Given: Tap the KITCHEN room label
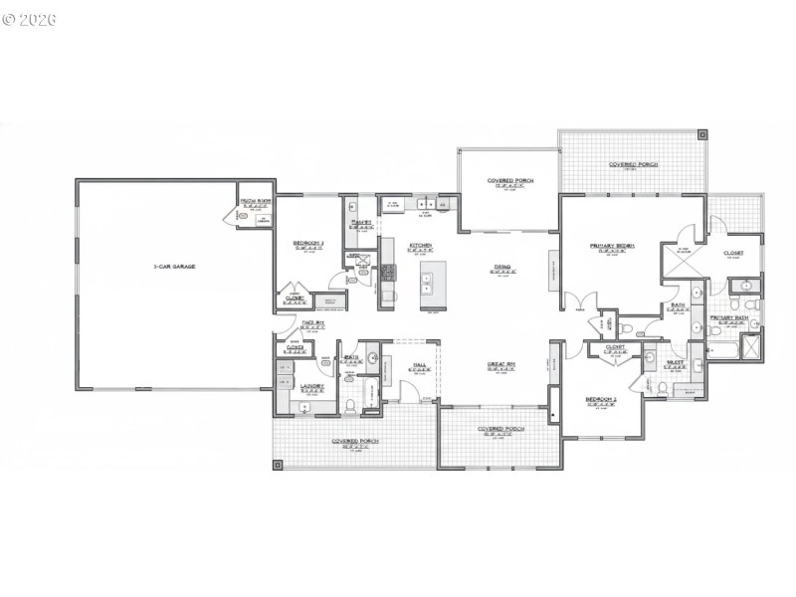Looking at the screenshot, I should [x=419, y=245].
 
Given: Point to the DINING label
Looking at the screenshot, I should [x=502, y=266].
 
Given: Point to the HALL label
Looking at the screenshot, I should [x=420, y=365].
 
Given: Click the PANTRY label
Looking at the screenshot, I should [x=360, y=222].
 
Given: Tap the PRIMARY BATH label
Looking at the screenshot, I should [x=728, y=317].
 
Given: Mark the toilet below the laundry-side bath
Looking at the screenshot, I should [x=353, y=403].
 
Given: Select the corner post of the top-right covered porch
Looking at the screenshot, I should [x=702, y=133].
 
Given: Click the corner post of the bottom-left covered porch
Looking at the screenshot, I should [x=279, y=461].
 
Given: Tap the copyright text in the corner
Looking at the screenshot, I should [x=30, y=19].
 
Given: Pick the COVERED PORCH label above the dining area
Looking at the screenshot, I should [x=506, y=181].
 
